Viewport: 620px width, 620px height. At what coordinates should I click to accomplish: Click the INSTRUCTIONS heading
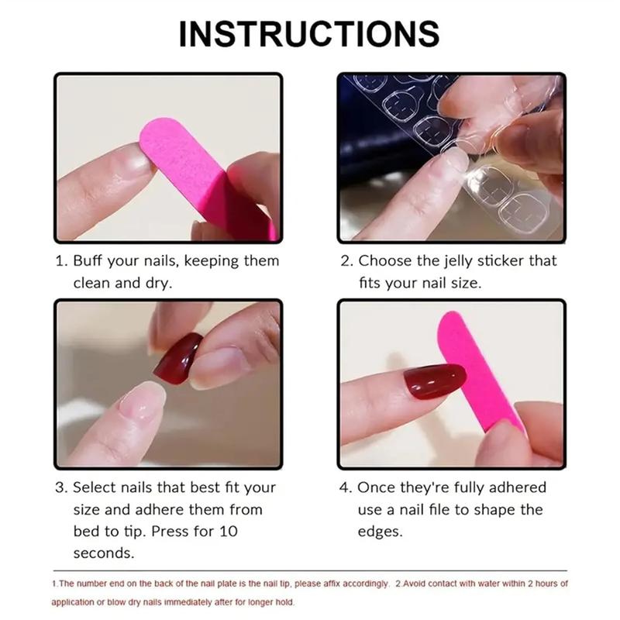(x=309, y=33)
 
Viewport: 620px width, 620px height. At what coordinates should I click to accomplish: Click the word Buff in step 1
(x=91, y=261)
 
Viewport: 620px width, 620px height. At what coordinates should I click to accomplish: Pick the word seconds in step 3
(x=104, y=553)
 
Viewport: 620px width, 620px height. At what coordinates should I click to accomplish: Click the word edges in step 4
(x=381, y=532)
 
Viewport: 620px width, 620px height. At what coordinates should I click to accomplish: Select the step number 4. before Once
(x=346, y=487)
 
